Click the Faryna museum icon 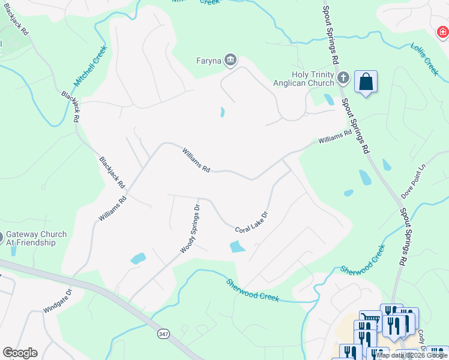coord(231,60)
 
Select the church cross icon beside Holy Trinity coord(343,77)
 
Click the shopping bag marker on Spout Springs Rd coord(366,81)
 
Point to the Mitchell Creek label coord(90,65)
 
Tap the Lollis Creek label coord(425,59)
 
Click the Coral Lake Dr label coord(251,221)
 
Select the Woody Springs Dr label coord(190,229)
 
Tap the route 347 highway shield coord(162,333)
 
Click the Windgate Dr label coord(57,301)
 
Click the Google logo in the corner coord(20,353)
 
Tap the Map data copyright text coord(412,356)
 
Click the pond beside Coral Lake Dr coord(238,246)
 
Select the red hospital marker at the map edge coord(443,31)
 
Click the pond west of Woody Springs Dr coord(138,259)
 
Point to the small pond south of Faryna coord(222,112)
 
